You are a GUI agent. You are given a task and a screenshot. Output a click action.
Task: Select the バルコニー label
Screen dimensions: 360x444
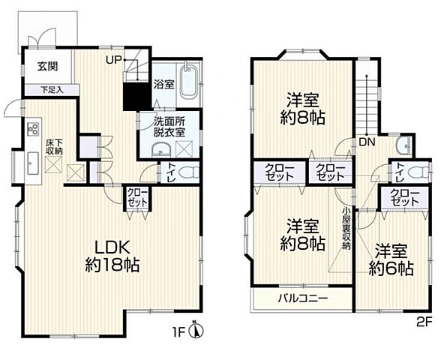(x=301, y=298)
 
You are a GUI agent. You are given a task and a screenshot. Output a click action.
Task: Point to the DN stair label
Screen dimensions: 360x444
(x=367, y=142)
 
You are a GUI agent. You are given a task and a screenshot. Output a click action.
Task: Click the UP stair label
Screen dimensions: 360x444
(x=114, y=59)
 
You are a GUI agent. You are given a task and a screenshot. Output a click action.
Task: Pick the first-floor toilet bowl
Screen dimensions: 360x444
(x=189, y=171)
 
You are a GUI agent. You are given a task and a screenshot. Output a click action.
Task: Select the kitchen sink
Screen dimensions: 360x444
(x=34, y=160)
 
